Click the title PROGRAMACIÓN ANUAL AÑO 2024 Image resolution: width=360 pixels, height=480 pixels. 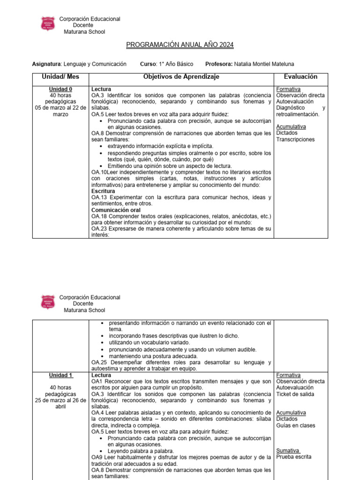[x=180, y=45]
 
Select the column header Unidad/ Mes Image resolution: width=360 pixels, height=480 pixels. [x=60, y=77]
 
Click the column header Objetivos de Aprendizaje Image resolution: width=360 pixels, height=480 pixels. [x=181, y=77]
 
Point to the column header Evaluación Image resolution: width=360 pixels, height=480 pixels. [x=300, y=77]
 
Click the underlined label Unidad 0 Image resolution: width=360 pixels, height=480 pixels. [x=60, y=89]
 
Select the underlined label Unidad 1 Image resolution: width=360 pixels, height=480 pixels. [x=60, y=375]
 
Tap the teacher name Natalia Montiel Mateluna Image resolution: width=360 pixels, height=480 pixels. [x=264, y=64]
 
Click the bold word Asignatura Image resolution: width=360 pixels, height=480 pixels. [x=46, y=64]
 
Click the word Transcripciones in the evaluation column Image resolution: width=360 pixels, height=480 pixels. [x=295, y=139]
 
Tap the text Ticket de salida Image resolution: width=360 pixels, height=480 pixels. [x=295, y=394]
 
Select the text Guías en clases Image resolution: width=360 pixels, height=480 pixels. [x=296, y=426]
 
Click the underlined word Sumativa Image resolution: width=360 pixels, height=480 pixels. [x=288, y=450]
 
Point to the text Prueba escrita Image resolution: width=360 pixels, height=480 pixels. [x=294, y=457]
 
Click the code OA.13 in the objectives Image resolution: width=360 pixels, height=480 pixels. [x=99, y=198]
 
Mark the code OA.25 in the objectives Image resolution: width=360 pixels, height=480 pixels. [x=99, y=363]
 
